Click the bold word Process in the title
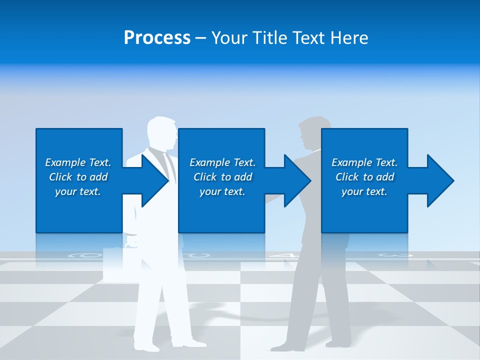click(x=157, y=38)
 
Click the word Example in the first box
click(x=65, y=162)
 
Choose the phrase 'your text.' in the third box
click(x=364, y=191)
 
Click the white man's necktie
click(x=170, y=165)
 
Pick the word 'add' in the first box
click(x=98, y=177)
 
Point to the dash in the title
click(x=200, y=38)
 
